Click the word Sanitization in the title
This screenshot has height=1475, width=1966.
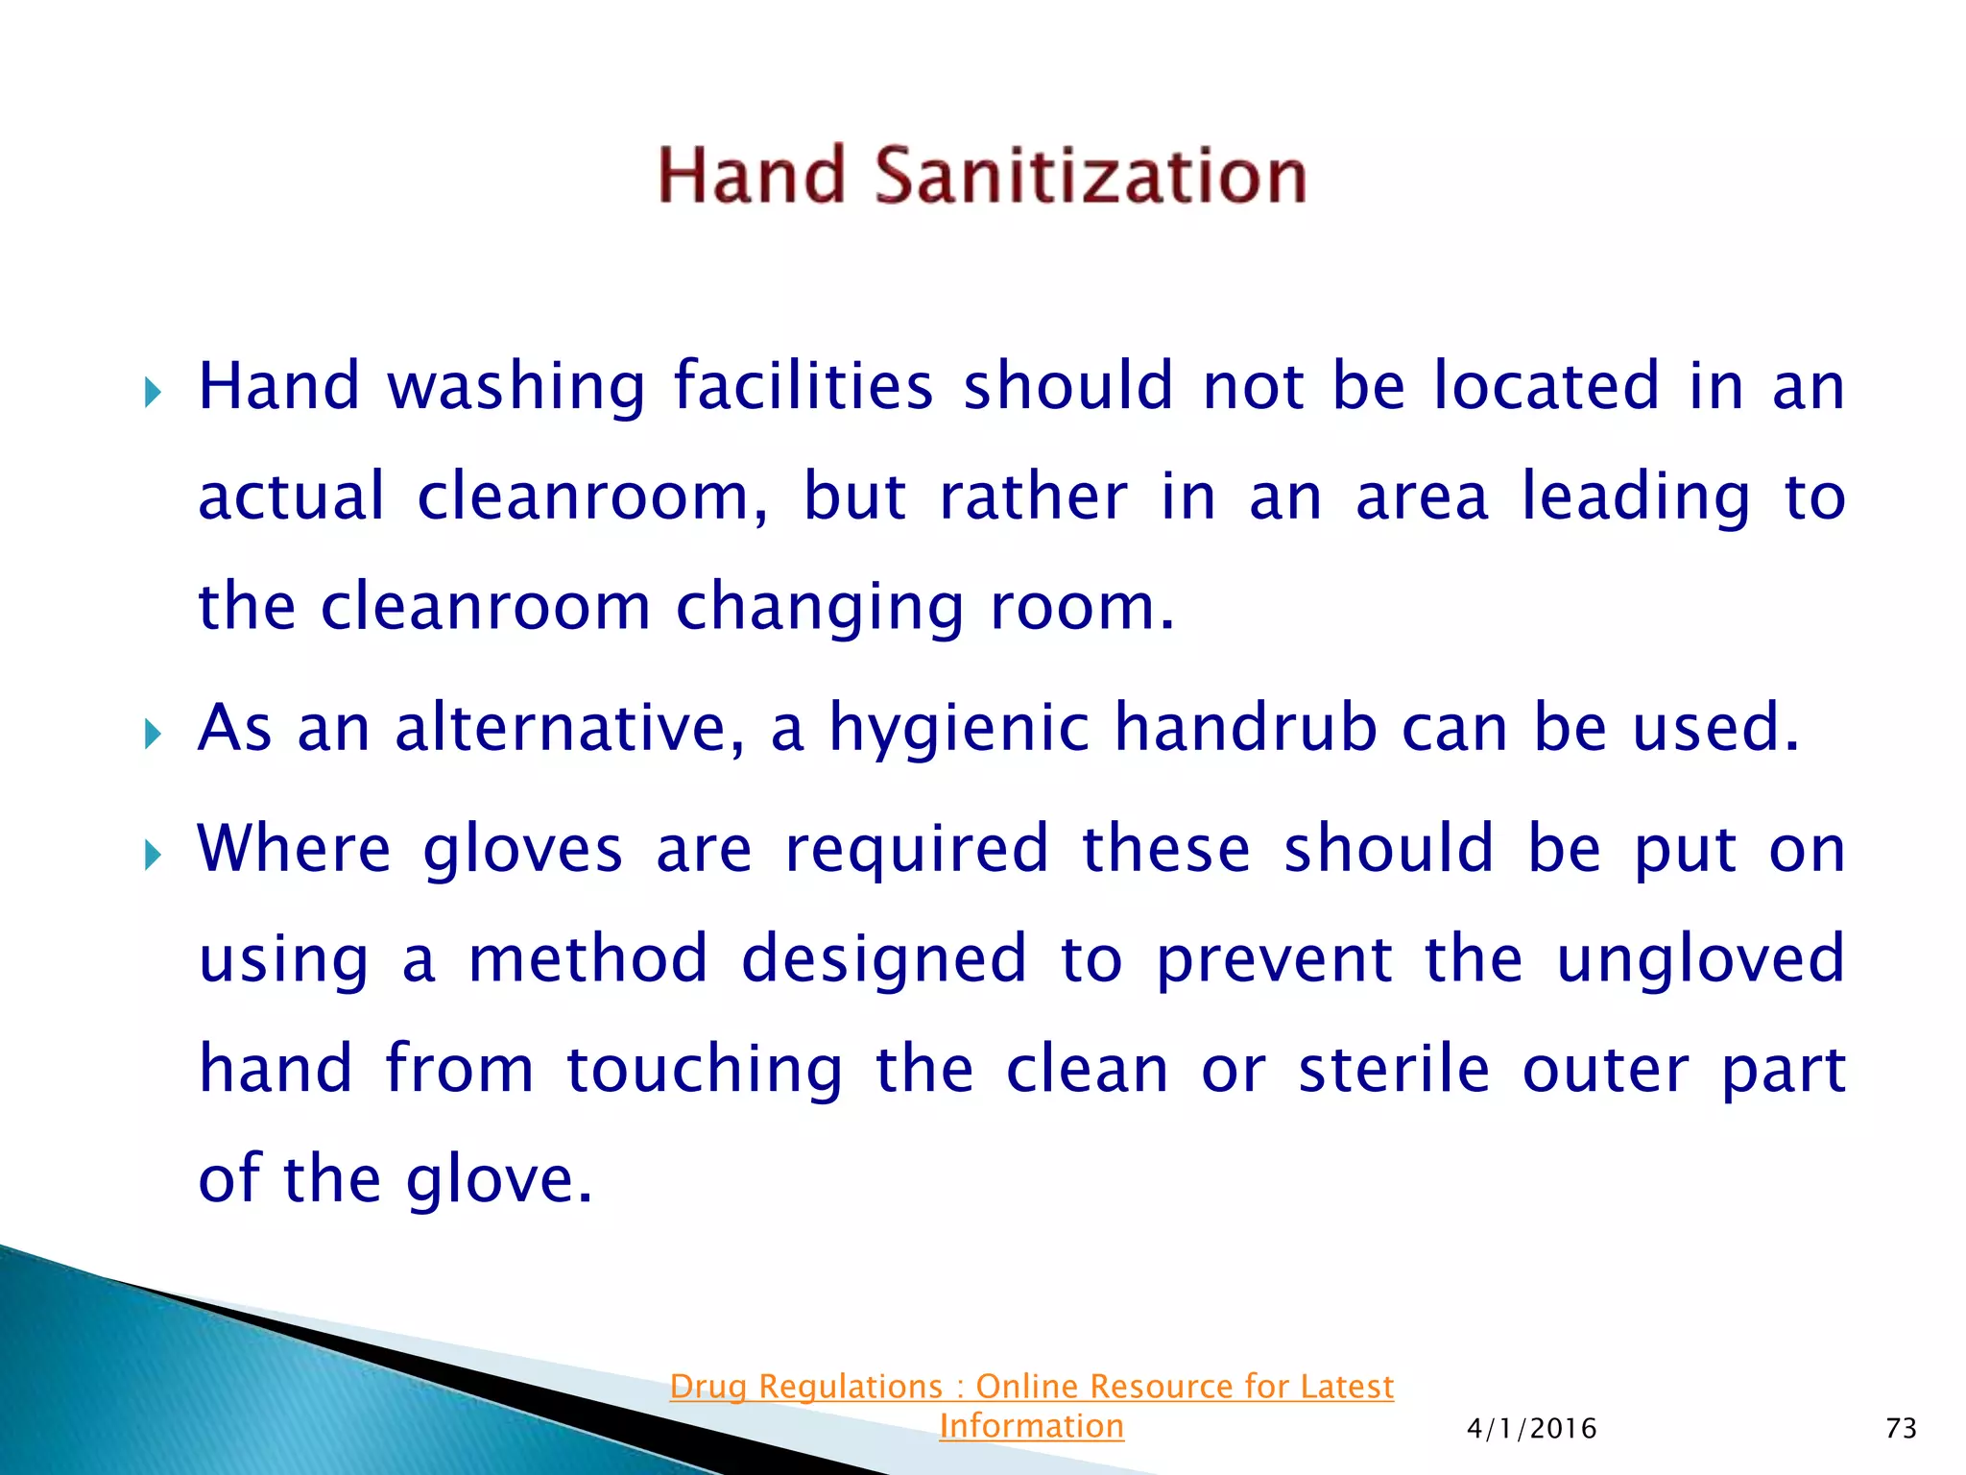pos(1091,177)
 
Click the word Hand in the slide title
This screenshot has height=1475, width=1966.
pos(751,177)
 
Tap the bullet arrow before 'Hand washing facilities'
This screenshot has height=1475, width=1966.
pos(153,392)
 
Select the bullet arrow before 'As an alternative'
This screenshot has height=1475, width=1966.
pos(153,735)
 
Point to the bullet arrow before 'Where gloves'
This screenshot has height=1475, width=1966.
pos(153,855)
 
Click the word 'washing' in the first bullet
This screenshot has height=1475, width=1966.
pos(515,387)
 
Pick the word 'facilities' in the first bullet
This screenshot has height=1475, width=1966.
pos(803,387)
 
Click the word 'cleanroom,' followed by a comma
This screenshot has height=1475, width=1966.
pos(592,497)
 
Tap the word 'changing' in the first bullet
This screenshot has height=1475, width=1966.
pos(819,609)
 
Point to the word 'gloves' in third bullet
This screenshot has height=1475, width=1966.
pos(522,850)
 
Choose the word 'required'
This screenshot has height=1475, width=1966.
pos(917,850)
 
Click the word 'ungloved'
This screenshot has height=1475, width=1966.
pos(1699,959)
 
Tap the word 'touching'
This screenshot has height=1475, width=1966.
pos(705,1070)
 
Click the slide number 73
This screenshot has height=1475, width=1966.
pos(1901,1429)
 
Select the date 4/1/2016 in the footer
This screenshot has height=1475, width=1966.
pos(1531,1429)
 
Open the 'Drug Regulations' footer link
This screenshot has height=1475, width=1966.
pos(1031,1387)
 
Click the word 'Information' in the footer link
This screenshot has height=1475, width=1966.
pos(1031,1426)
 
